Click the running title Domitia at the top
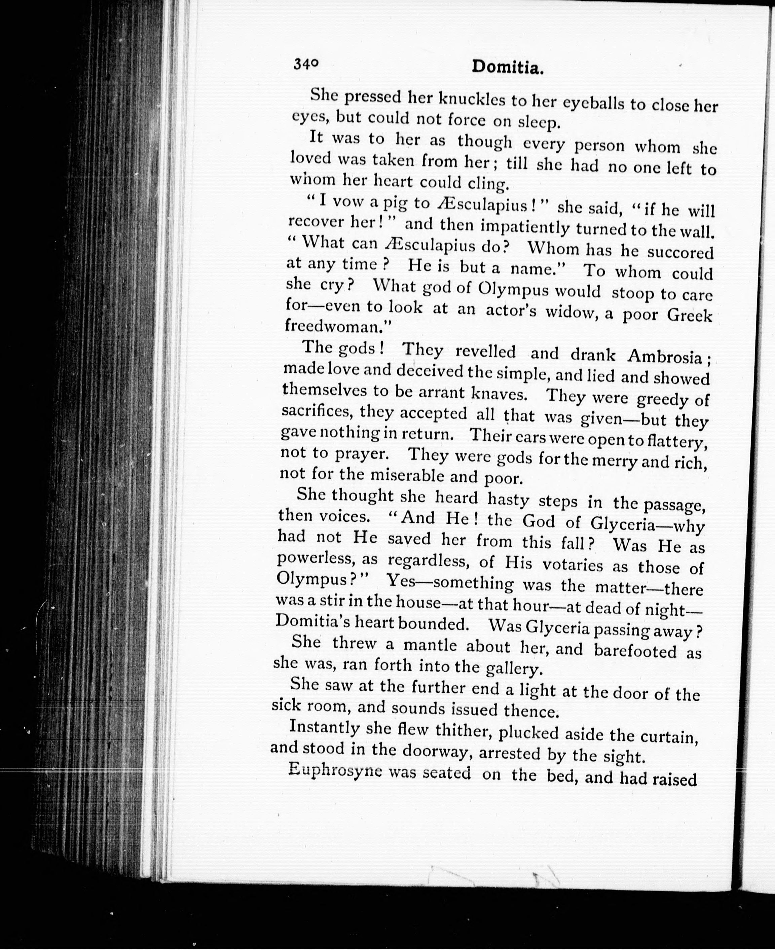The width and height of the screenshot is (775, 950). coord(508,67)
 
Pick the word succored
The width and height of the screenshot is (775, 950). coord(680,253)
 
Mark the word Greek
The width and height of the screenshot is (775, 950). coord(689,316)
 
